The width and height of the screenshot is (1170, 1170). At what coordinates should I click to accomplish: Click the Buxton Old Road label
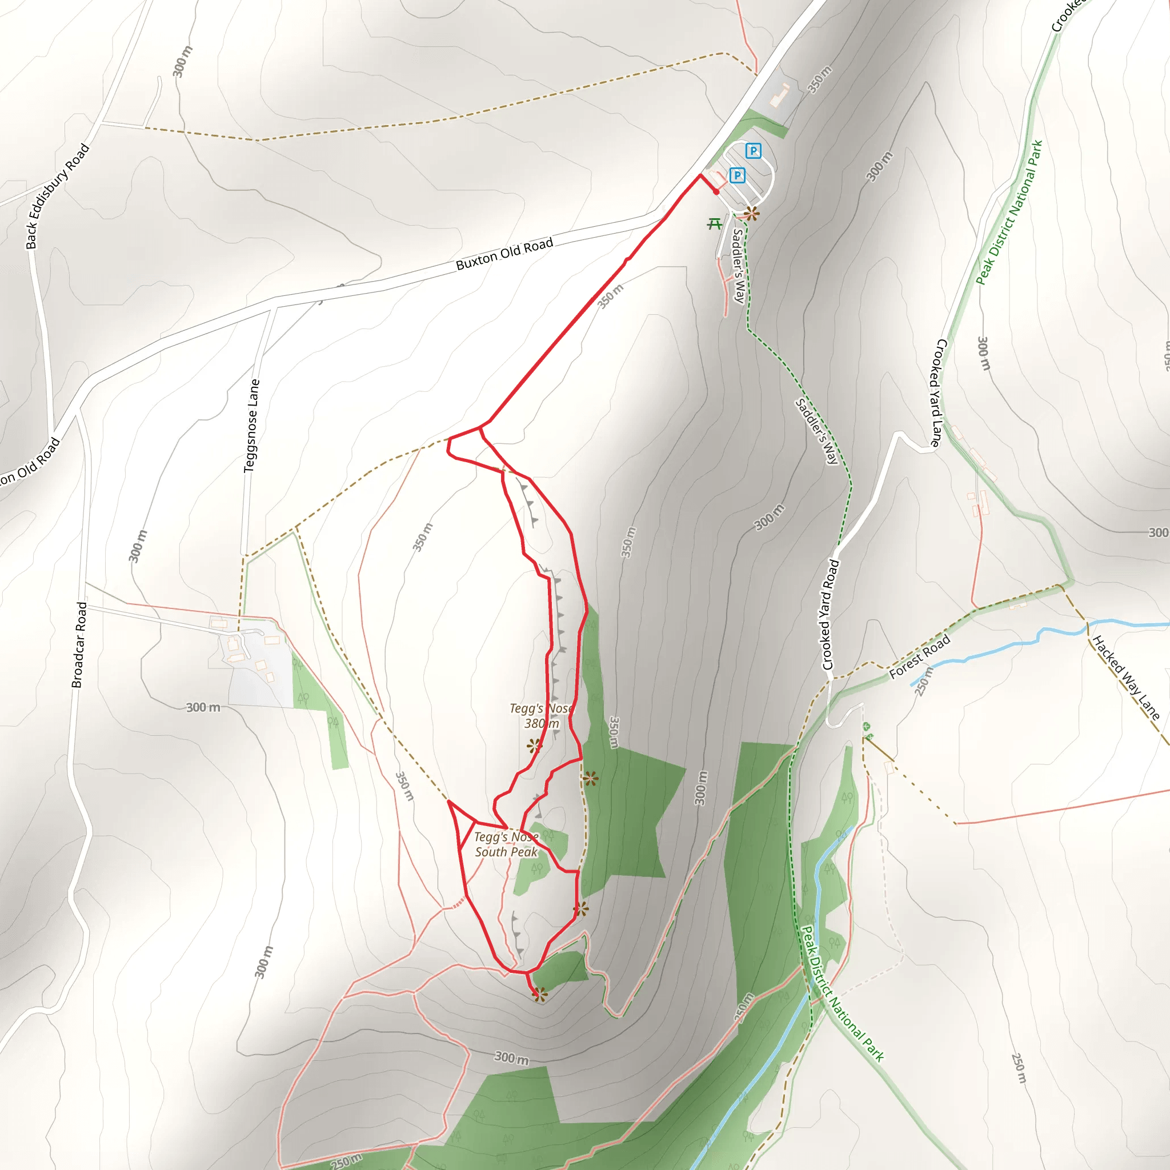click(x=504, y=254)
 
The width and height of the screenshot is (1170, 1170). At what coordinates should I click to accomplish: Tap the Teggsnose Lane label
click(x=251, y=426)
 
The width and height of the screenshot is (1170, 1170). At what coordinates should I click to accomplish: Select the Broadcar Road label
click(x=79, y=645)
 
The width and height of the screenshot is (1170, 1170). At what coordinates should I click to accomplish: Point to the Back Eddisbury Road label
click(x=58, y=196)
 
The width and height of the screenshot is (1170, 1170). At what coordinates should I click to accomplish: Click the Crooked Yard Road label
click(x=830, y=615)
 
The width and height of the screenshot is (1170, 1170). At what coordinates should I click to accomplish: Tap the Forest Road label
click(x=919, y=656)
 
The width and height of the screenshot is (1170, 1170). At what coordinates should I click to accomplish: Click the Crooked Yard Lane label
click(x=936, y=393)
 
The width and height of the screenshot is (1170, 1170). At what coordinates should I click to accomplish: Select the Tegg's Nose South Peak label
click(x=506, y=844)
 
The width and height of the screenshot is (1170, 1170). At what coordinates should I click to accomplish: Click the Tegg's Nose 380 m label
click(x=542, y=715)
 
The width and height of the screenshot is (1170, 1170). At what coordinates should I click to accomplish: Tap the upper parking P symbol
click(x=753, y=151)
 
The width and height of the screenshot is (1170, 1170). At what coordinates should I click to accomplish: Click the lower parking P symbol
click(x=737, y=175)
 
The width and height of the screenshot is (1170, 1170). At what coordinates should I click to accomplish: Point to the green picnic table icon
click(x=715, y=224)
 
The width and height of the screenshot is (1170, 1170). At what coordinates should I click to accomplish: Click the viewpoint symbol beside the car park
click(x=752, y=213)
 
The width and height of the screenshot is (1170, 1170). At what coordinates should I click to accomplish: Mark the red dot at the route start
click(x=716, y=192)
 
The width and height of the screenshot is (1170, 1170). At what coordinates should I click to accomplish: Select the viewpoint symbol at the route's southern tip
click(x=539, y=994)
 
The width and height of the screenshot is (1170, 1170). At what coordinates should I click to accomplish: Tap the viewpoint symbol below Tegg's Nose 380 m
click(x=534, y=746)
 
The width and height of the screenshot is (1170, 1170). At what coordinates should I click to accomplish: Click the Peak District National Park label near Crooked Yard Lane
click(x=1009, y=213)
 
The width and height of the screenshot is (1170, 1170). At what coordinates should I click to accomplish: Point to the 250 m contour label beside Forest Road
click(x=923, y=682)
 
